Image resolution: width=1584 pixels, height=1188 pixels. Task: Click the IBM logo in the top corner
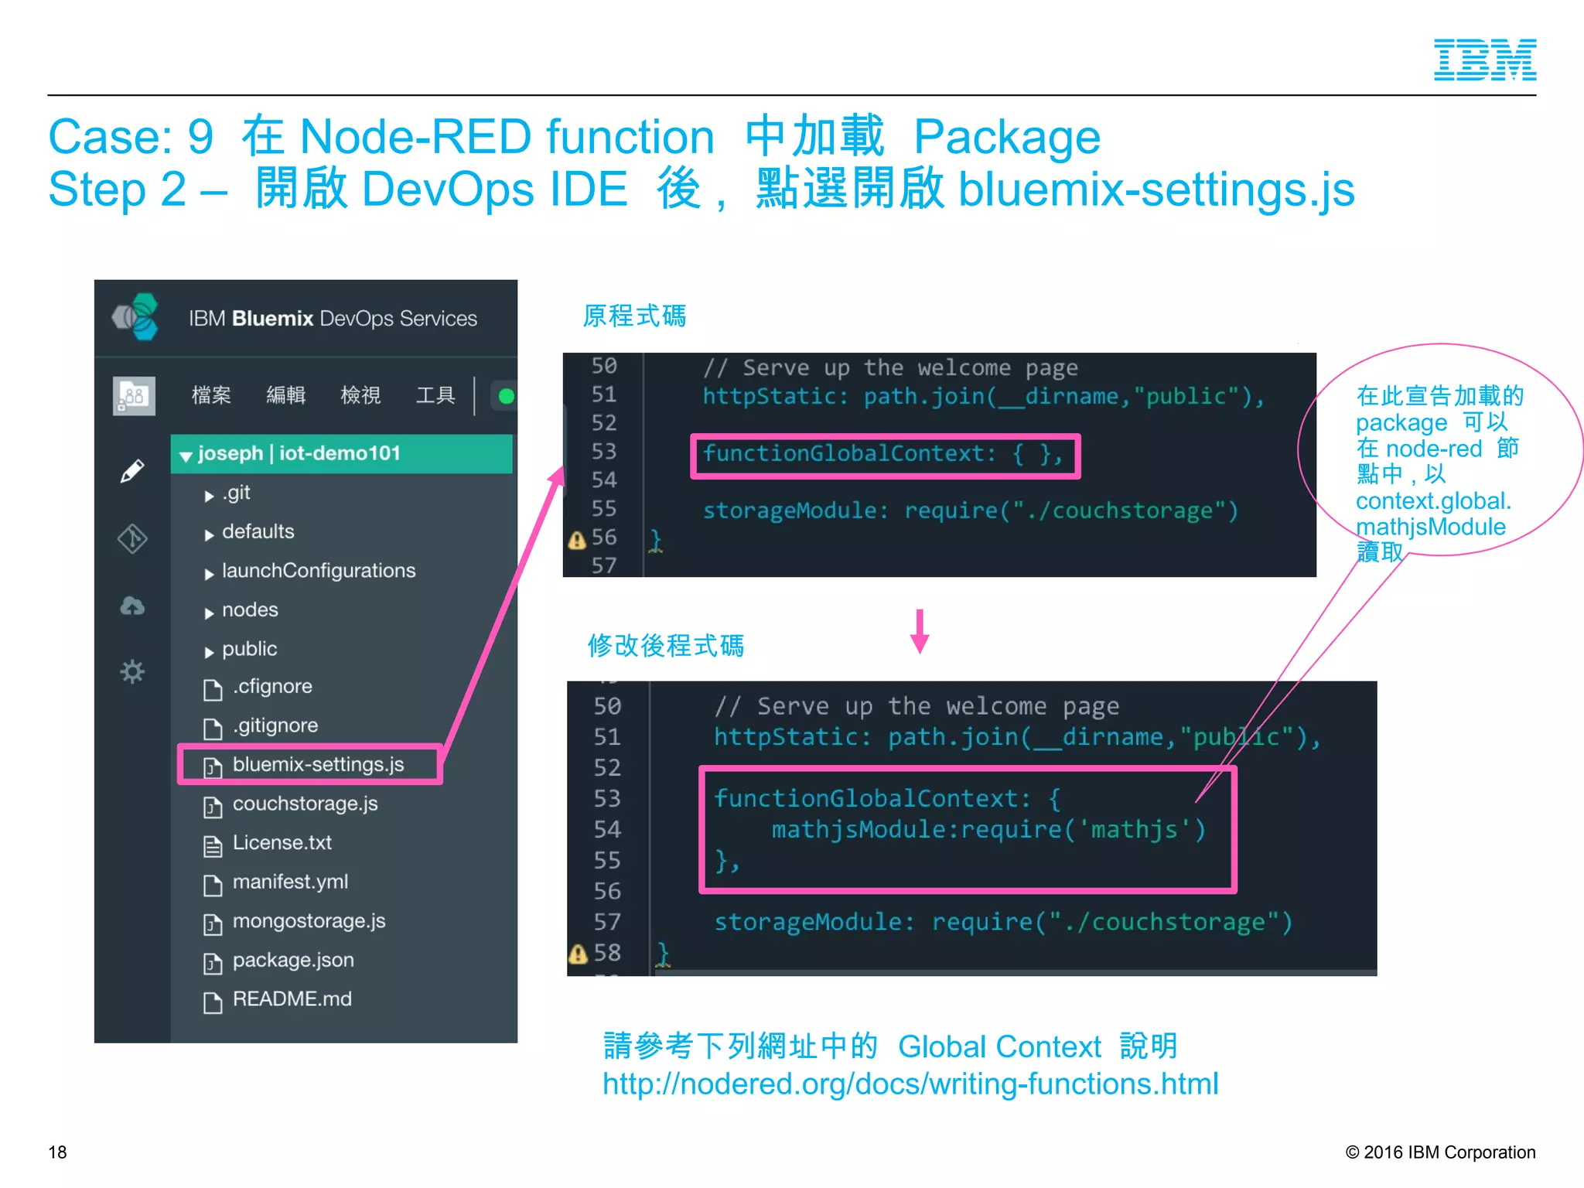point(1484,60)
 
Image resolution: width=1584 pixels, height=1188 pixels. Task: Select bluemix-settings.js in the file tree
point(317,765)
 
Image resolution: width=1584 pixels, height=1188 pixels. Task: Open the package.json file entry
point(292,961)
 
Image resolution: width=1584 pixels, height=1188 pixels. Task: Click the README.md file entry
point(292,999)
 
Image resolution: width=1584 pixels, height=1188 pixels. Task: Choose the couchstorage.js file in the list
point(305,804)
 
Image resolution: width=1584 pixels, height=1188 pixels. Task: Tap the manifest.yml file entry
point(290,882)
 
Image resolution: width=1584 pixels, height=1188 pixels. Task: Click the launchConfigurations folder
point(318,571)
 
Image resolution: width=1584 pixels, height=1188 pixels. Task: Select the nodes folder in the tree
point(249,610)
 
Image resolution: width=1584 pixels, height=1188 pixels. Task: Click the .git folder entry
point(235,493)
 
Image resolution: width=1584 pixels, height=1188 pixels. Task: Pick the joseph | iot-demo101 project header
point(299,453)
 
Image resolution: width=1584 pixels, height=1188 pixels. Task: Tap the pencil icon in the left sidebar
point(132,471)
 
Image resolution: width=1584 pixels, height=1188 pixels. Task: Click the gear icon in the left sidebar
point(132,671)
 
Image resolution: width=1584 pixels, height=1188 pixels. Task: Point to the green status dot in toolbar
point(507,397)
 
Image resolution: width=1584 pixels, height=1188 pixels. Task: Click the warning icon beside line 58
point(578,954)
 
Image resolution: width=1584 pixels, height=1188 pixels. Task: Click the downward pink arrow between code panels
point(920,631)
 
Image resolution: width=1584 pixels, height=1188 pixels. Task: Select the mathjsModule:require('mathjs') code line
point(988,830)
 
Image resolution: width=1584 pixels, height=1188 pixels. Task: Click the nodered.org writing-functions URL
point(910,1084)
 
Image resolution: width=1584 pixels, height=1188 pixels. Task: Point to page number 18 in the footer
point(58,1152)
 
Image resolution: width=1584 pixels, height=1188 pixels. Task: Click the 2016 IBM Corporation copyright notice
point(1440,1152)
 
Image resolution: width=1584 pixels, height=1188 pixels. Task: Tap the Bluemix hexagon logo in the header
point(136,317)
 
